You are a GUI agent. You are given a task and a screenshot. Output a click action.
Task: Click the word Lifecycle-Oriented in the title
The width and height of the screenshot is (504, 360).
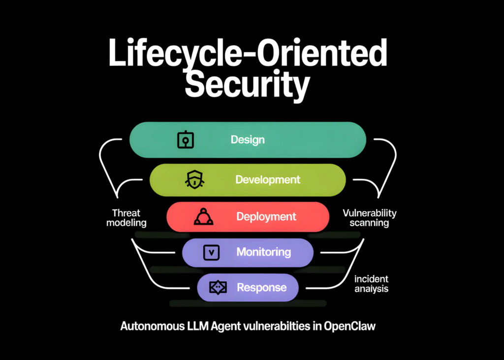248,53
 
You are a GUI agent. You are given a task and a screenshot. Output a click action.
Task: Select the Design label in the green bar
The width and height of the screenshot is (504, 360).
248,140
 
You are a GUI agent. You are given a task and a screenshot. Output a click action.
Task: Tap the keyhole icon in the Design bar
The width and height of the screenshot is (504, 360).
185,140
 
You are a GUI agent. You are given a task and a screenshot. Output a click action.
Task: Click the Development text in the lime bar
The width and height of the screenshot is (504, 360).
267,179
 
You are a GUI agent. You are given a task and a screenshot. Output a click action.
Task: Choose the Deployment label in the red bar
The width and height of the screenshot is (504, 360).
266,217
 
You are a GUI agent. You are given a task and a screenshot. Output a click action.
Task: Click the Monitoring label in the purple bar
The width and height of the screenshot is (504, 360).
263,252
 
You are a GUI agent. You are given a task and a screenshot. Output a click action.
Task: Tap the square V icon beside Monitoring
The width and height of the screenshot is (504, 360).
211,253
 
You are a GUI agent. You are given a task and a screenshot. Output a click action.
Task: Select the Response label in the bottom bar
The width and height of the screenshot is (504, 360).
261,288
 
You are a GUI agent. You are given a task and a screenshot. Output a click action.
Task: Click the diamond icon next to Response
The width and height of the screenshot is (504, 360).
218,288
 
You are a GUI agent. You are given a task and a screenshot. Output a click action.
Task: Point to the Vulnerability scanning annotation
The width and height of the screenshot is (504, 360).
369,218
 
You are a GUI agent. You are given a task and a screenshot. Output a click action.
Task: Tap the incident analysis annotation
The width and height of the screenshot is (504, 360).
372,284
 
